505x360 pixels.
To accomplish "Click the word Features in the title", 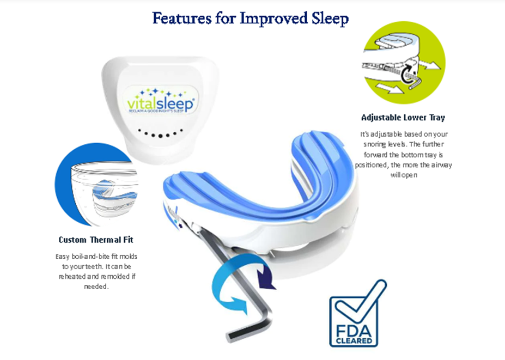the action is click(182, 18).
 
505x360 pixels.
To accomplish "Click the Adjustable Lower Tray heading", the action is click(403, 118).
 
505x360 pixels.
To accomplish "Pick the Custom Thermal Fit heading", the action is click(96, 240).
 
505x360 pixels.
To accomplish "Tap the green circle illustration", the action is click(405, 63).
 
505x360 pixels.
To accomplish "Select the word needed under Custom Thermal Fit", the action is click(96, 286).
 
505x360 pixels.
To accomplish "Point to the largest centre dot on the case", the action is click(160, 136).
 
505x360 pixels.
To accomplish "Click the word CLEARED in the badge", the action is click(354, 341).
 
